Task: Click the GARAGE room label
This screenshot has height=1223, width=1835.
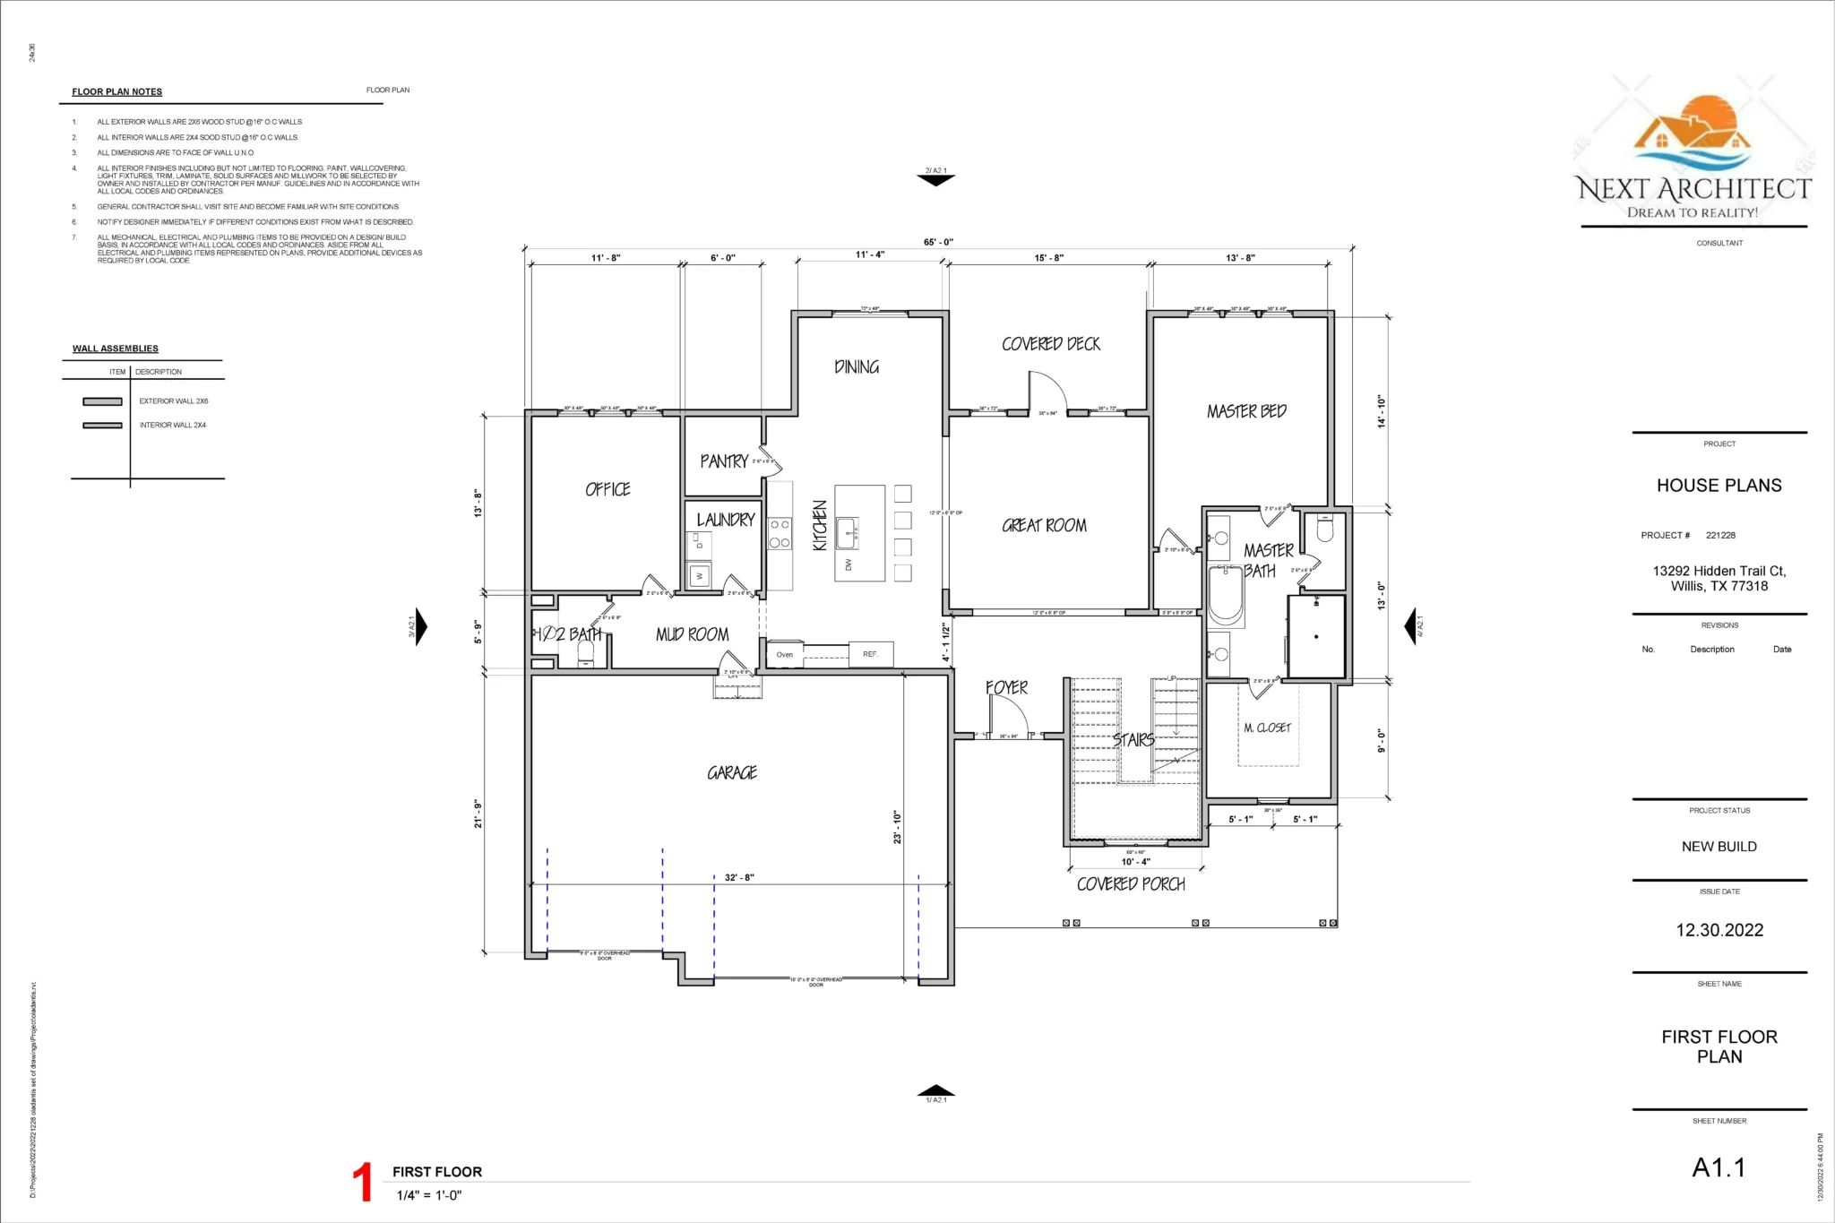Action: click(732, 772)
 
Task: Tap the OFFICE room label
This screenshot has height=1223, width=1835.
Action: click(607, 489)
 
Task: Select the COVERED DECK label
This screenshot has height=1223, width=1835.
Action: click(1051, 344)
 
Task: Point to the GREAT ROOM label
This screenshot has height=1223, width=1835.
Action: click(1044, 526)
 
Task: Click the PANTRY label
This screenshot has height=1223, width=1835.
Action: click(724, 461)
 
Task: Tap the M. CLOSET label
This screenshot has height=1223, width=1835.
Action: click(1267, 728)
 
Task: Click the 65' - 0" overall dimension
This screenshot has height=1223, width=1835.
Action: click(938, 242)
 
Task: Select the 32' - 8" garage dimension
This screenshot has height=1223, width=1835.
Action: click(739, 877)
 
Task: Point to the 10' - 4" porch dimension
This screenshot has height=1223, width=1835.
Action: click(1135, 862)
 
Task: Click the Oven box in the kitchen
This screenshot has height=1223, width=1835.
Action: click(785, 654)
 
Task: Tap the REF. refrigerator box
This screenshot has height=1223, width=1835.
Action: click(870, 654)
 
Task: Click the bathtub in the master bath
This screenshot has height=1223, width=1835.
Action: click(1226, 596)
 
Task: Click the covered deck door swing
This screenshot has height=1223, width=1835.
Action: click(1047, 392)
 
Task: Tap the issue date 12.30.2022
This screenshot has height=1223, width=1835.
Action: click(1719, 930)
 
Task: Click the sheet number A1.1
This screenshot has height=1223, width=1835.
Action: click(1718, 1167)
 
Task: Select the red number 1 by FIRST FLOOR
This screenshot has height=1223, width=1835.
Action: click(362, 1183)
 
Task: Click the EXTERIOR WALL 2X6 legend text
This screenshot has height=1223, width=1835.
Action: click(174, 401)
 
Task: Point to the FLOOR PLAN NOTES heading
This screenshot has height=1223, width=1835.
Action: click(117, 92)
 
